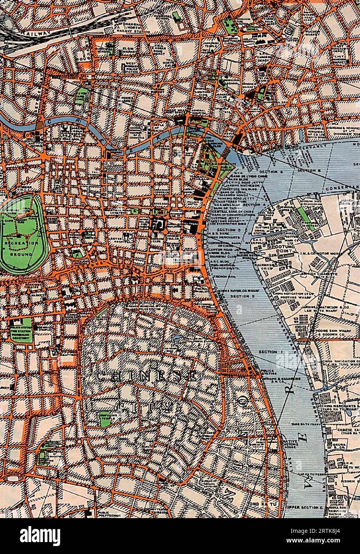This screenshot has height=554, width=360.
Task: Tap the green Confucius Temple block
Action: tap(104, 419)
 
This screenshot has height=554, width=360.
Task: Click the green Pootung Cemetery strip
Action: tap(303, 215)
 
